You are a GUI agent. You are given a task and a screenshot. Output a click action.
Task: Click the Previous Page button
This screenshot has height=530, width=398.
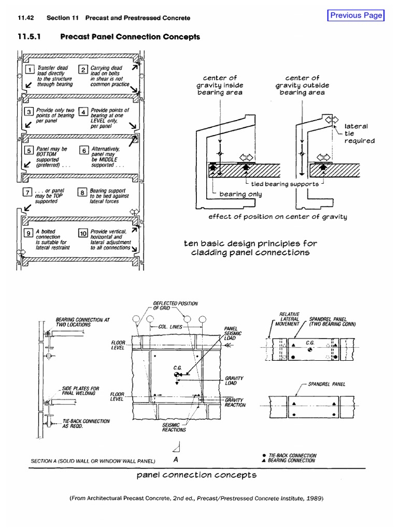tap(356, 16)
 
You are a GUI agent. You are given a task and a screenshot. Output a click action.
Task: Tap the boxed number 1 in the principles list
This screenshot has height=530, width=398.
tap(31, 70)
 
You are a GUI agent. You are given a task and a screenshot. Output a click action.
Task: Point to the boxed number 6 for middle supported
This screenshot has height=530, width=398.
tap(83, 151)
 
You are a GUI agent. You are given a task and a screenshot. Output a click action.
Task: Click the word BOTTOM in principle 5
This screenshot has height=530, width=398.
tap(47, 154)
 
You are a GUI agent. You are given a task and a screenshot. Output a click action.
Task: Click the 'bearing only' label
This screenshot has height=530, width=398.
tap(241, 194)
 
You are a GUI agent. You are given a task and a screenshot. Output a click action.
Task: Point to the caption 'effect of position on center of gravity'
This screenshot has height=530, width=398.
tap(277, 217)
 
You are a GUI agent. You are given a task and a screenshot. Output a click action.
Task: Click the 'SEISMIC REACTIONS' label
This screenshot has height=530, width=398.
tap(174, 426)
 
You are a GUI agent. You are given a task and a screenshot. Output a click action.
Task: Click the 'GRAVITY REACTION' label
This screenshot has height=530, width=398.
tap(234, 402)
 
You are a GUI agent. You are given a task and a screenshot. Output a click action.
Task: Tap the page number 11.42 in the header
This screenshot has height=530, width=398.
tap(26, 18)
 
